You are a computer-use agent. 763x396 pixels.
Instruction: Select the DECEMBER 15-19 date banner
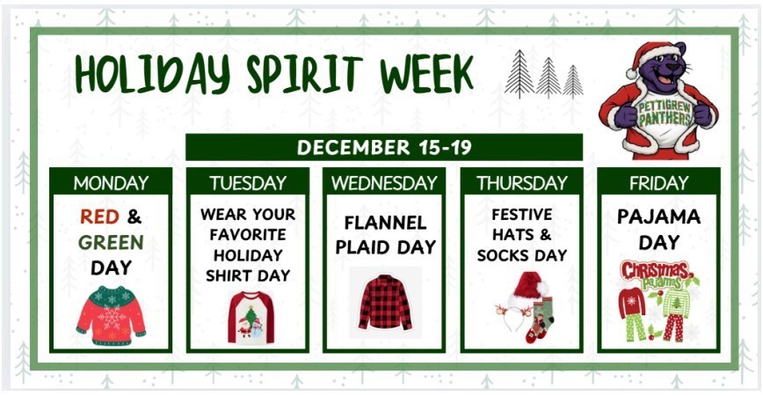coord(384,147)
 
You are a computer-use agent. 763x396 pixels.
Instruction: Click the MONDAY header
coord(111,183)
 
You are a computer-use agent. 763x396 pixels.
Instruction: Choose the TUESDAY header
coord(248,183)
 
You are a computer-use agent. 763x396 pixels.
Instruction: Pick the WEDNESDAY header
coord(384,183)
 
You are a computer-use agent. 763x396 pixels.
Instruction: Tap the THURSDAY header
coord(521,183)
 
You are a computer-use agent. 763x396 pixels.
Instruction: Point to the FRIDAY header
coord(658,183)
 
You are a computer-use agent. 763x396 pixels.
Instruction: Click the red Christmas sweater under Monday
coord(111,314)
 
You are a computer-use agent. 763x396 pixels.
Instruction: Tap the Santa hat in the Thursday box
coord(529,288)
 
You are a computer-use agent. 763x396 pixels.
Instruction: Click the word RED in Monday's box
coord(98,216)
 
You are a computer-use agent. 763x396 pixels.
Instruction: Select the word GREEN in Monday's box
coord(111,242)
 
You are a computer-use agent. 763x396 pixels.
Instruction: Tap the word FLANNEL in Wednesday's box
coord(385,222)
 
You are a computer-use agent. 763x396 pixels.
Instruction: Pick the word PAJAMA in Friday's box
coord(658,216)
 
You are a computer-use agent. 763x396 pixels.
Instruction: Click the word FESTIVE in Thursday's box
coord(522,214)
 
